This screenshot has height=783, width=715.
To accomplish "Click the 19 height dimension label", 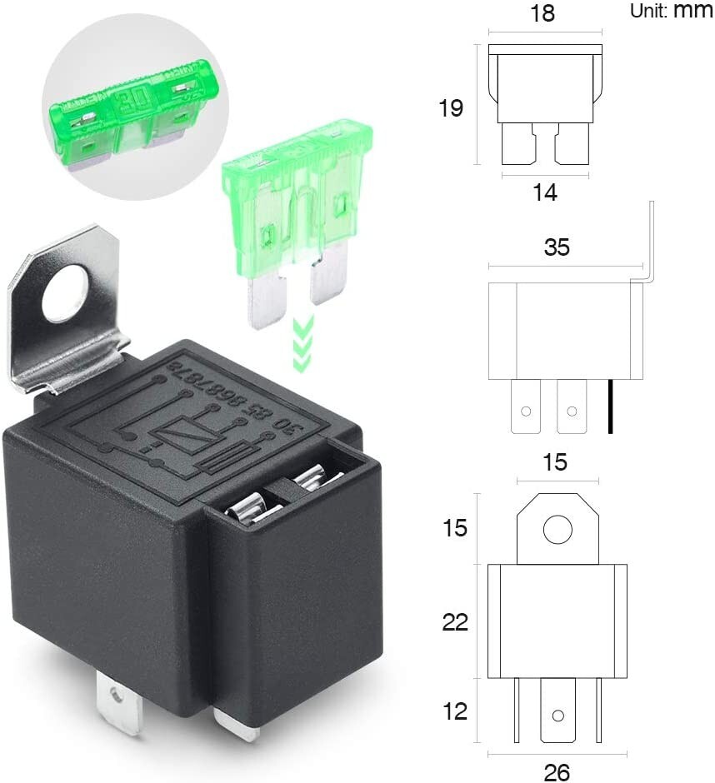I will point(451,108).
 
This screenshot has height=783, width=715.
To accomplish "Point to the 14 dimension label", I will point(545,192).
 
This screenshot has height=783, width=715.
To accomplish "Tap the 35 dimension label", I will point(557,247).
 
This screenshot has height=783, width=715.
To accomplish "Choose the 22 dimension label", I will point(455,621).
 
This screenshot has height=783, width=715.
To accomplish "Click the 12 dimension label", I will point(455,711).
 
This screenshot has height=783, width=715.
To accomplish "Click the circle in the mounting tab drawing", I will point(557,530).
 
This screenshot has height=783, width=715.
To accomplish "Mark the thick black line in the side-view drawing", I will point(611,406).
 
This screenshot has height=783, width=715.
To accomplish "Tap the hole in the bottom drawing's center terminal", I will point(557,716).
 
